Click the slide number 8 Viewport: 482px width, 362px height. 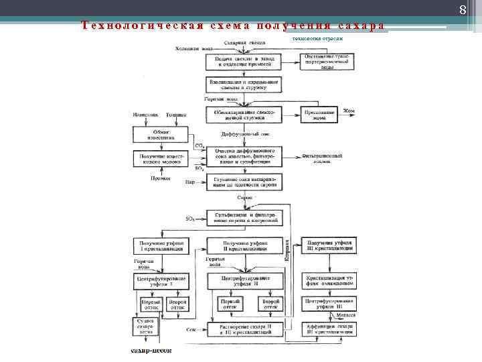coord(462,9)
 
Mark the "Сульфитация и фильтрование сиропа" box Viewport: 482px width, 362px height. coord(246,218)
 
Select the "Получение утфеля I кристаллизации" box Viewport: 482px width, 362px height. coord(161,245)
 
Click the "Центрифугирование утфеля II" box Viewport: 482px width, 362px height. coord(246,282)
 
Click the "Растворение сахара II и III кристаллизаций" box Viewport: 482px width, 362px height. coord(245,328)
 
